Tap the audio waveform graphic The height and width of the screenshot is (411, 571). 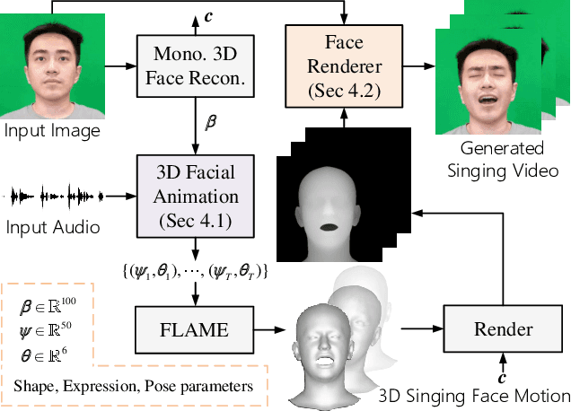tap(54, 194)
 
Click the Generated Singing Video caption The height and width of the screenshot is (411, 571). tap(502, 157)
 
